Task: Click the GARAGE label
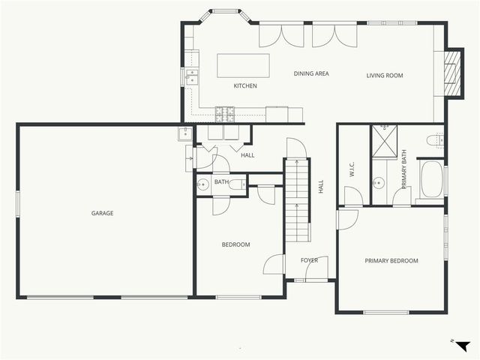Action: pyautogui.click(x=103, y=214)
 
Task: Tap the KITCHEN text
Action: pyautogui.click(x=245, y=86)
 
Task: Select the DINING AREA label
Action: pyautogui.click(x=311, y=74)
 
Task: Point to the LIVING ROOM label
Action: pyautogui.click(x=385, y=75)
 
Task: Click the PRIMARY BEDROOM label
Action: pyautogui.click(x=391, y=261)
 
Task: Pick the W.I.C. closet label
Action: pyautogui.click(x=351, y=170)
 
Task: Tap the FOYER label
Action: pyautogui.click(x=310, y=261)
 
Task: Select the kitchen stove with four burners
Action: pyautogui.click(x=225, y=114)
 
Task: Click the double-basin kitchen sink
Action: pyautogui.click(x=191, y=76)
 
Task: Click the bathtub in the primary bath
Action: pyautogui.click(x=430, y=182)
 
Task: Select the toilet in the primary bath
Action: pyautogui.click(x=434, y=139)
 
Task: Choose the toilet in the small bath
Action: pyautogui.click(x=236, y=184)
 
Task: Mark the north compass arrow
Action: pyautogui.click(x=463, y=345)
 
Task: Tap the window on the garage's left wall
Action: pyautogui.click(x=17, y=205)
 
